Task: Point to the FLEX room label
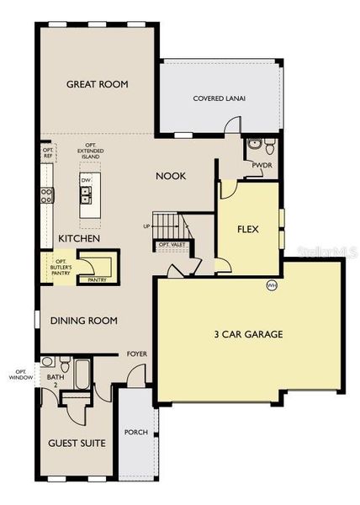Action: tap(247, 228)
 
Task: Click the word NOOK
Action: tap(171, 176)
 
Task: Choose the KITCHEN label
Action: tap(79, 239)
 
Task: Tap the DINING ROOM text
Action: tap(83, 321)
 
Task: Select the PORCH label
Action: tap(135, 433)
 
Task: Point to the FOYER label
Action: tap(136, 354)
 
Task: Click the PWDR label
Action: tap(261, 165)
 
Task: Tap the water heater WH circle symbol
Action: tap(272, 285)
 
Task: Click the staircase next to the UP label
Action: tap(171, 226)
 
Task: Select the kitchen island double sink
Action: tap(87, 196)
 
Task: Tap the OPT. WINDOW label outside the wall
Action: tap(20, 375)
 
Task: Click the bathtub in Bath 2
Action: tap(82, 374)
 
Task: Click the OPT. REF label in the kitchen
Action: tap(48, 152)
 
